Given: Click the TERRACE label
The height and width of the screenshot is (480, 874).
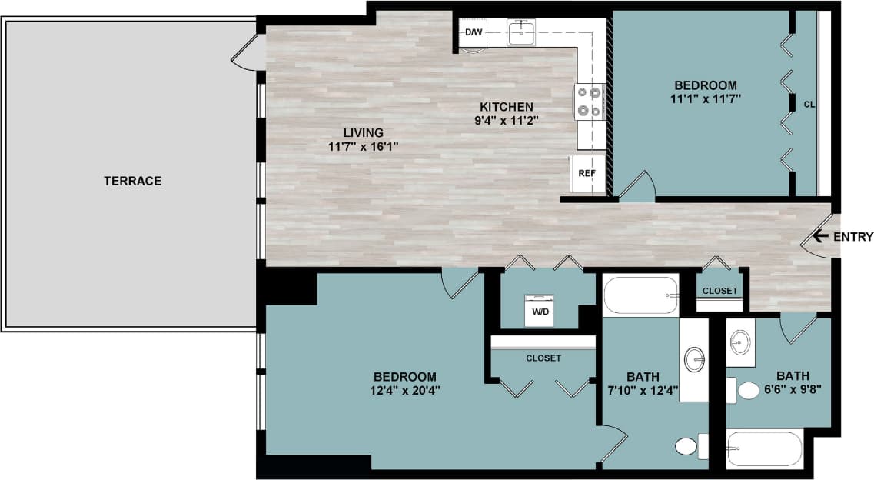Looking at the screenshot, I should pyautogui.click(x=132, y=181).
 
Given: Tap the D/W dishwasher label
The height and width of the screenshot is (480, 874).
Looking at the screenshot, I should pyautogui.click(x=473, y=32).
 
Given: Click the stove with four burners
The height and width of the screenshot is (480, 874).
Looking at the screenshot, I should pyautogui.click(x=590, y=102).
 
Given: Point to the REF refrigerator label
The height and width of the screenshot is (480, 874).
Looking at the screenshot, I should pyautogui.click(x=587, y=173).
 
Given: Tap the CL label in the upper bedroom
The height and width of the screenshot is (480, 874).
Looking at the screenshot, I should pyautogui.click(x=809, y=104).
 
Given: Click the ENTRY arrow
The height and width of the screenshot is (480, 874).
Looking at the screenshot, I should pyautogui.click(x=820, y=236).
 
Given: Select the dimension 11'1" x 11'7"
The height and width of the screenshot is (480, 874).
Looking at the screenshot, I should pyautogui.click(x=705, y=98).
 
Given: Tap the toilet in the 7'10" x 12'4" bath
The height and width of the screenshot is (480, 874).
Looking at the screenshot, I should pyautogui.click(x=686, y=446).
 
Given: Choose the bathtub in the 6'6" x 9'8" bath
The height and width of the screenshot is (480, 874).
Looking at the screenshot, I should pyautogui.click(x=765, y=448).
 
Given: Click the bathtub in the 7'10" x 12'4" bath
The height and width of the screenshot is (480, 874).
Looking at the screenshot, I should pyautogui.click(x=640, y=295).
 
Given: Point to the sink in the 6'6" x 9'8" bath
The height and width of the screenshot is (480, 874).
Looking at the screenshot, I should pyautogui.click(x=741, y=341).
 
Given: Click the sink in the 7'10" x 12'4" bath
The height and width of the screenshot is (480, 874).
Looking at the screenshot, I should pyautogui.click(x=695, y=359).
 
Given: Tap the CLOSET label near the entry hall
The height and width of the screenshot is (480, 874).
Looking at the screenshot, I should pyautogui.click(x=720, y=291).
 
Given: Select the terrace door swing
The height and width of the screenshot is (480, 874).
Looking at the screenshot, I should pyautogui.click(x=248, y=52).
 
